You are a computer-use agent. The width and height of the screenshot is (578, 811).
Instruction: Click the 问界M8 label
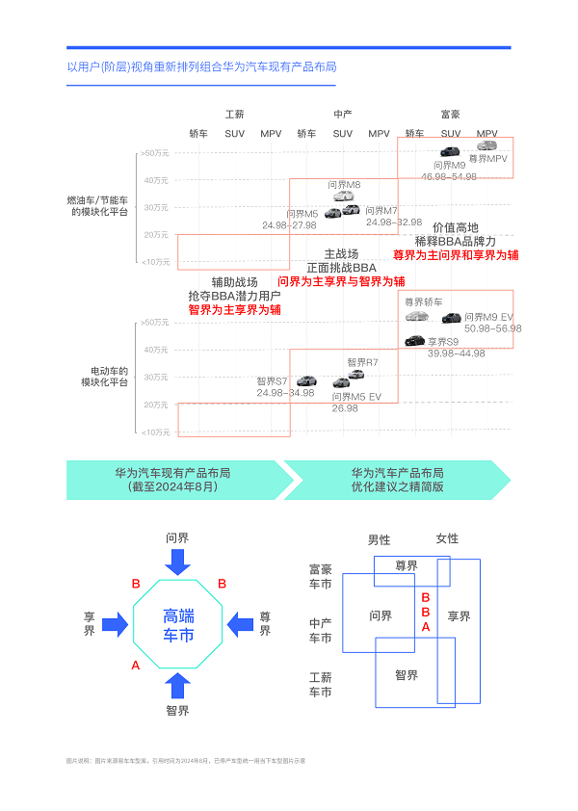coord(344,185)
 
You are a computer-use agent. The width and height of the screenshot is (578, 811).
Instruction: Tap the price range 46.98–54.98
coord(449,176)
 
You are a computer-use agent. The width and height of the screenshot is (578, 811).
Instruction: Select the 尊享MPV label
coord(487,158)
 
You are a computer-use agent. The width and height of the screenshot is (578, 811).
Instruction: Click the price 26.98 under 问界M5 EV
coord(345,408)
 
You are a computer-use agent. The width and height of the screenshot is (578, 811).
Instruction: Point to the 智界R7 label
coord(362,362)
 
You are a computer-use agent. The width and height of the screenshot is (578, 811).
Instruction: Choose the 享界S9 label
coord(444,342)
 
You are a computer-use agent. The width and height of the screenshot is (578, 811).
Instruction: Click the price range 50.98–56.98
coord(492,328)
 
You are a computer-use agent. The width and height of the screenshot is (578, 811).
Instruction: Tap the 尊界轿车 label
coord(424,301)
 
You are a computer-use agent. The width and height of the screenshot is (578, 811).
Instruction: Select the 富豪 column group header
coord(450,114)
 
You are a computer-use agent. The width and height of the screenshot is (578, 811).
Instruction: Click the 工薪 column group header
coord(235,114)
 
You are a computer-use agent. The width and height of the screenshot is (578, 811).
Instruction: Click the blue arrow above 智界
coord(177,685)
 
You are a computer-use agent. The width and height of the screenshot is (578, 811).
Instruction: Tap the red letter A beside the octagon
coord(136,666)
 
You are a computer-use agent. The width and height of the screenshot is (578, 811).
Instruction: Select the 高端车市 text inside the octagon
coord(178,625)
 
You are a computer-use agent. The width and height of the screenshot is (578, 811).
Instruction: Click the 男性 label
coord(380,539)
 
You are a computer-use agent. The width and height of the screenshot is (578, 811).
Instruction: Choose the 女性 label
coord(447,539)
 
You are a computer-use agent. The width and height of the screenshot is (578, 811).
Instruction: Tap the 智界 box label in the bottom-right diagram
coord(407,675)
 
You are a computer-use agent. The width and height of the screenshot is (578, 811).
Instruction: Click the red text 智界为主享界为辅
coord(235,310)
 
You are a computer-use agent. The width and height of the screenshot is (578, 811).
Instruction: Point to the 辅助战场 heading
coord(235,282)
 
